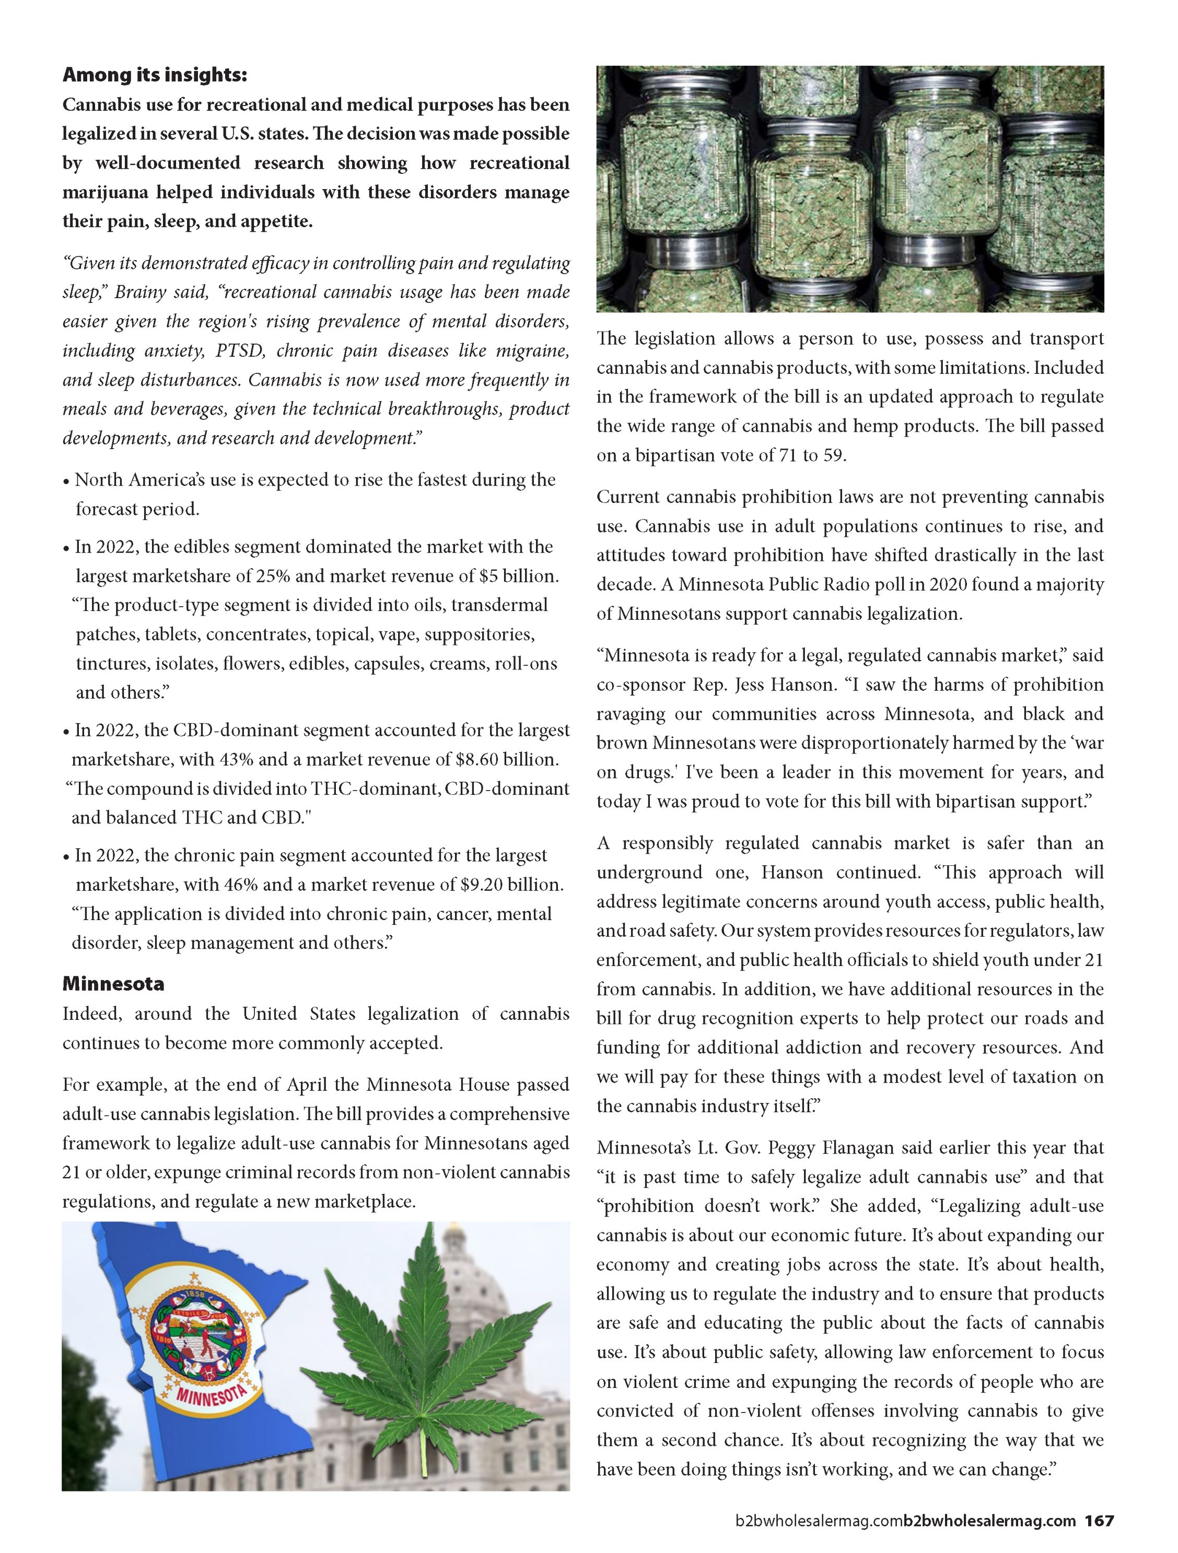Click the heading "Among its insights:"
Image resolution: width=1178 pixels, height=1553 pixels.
point(155,75)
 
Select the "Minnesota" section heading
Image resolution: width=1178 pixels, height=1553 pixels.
point(113,984)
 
